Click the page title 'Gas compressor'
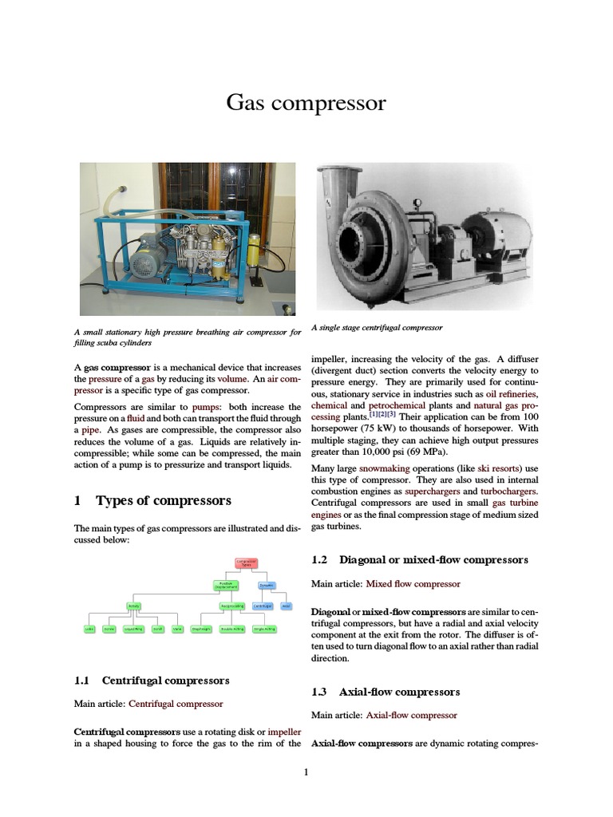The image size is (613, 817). (x=306, y=103)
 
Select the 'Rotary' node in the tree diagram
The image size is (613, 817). (x=133, y=606)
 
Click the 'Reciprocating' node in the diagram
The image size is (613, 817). (x=232, y=606)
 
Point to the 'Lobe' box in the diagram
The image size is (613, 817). (x=90, y=629)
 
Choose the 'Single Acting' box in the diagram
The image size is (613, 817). (x=263, y=629)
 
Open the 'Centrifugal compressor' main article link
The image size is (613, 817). (x=176, y=704)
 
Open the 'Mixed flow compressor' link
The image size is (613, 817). (x=414, y=584)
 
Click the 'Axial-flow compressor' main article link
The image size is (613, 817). (x=411, y=715)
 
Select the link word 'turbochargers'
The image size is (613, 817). (x=503, y=492)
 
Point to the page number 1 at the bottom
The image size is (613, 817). (x=306, y=772)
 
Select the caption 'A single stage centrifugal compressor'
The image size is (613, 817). (x=376, y=328)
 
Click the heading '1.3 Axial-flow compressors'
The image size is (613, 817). (x=385, y=692)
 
